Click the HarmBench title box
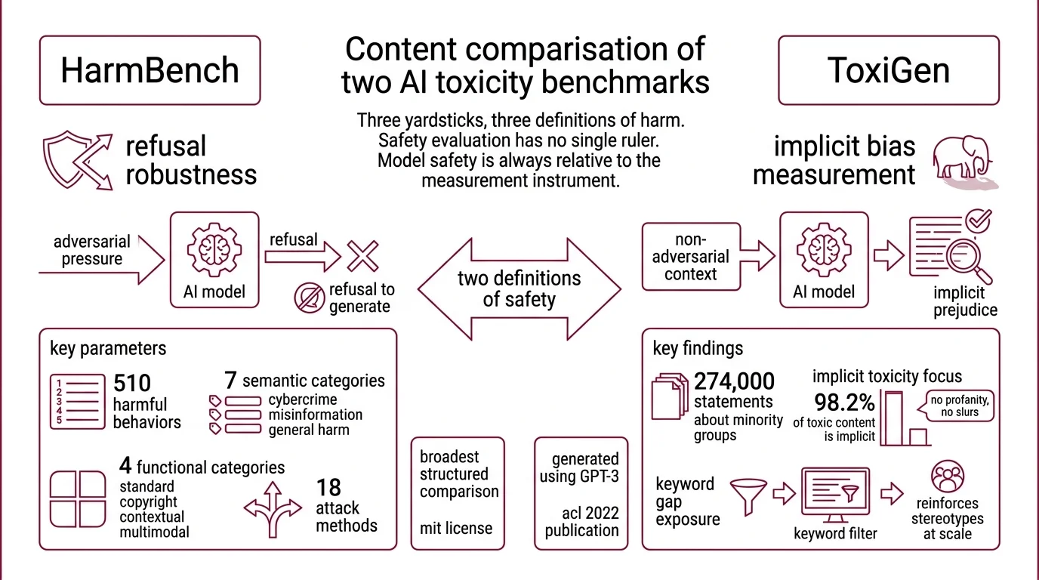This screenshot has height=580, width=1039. pos(150,70)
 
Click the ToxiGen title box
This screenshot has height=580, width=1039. pos(889,70)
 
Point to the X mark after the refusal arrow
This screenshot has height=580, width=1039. pos(362,255)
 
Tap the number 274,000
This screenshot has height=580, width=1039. pos(734,382)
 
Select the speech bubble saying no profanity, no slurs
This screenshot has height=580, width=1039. pos(954,406)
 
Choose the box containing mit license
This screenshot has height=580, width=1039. pos(458,492)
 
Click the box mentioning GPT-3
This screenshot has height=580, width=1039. pos(581,492)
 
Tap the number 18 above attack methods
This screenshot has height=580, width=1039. pos(328,486)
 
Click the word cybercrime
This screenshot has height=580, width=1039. pos(303,400)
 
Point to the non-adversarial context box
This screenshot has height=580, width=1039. pos(691,257)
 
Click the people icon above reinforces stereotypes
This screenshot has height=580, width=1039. pos(948,477)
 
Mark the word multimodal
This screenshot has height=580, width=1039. pos(154,532)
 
